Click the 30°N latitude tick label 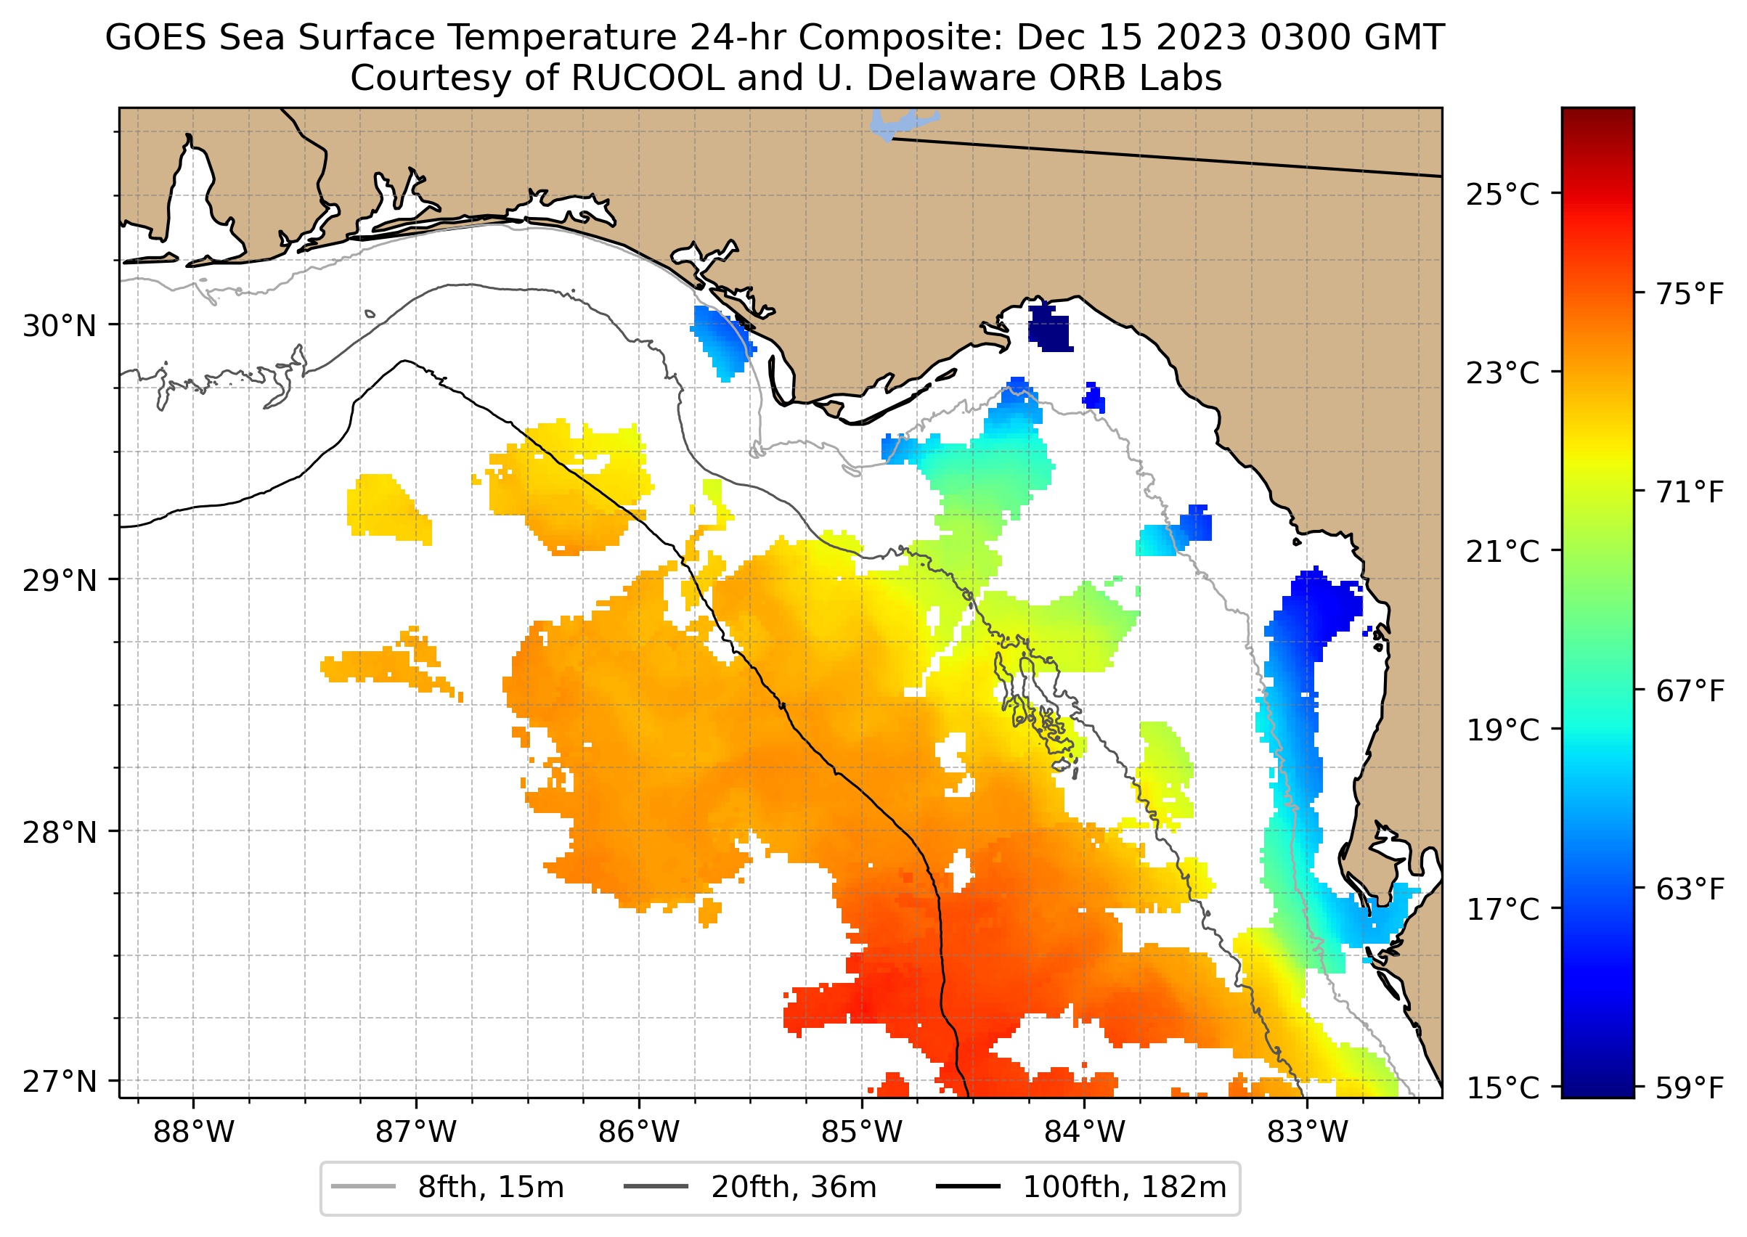pos(60,326)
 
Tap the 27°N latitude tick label pos(60,1081)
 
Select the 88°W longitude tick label pos(194,1132)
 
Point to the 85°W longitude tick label pos(862,1132)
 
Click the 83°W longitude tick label pos(1308,1132)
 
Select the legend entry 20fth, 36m pos(751,1188)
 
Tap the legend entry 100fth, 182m pos(1081,1188)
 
